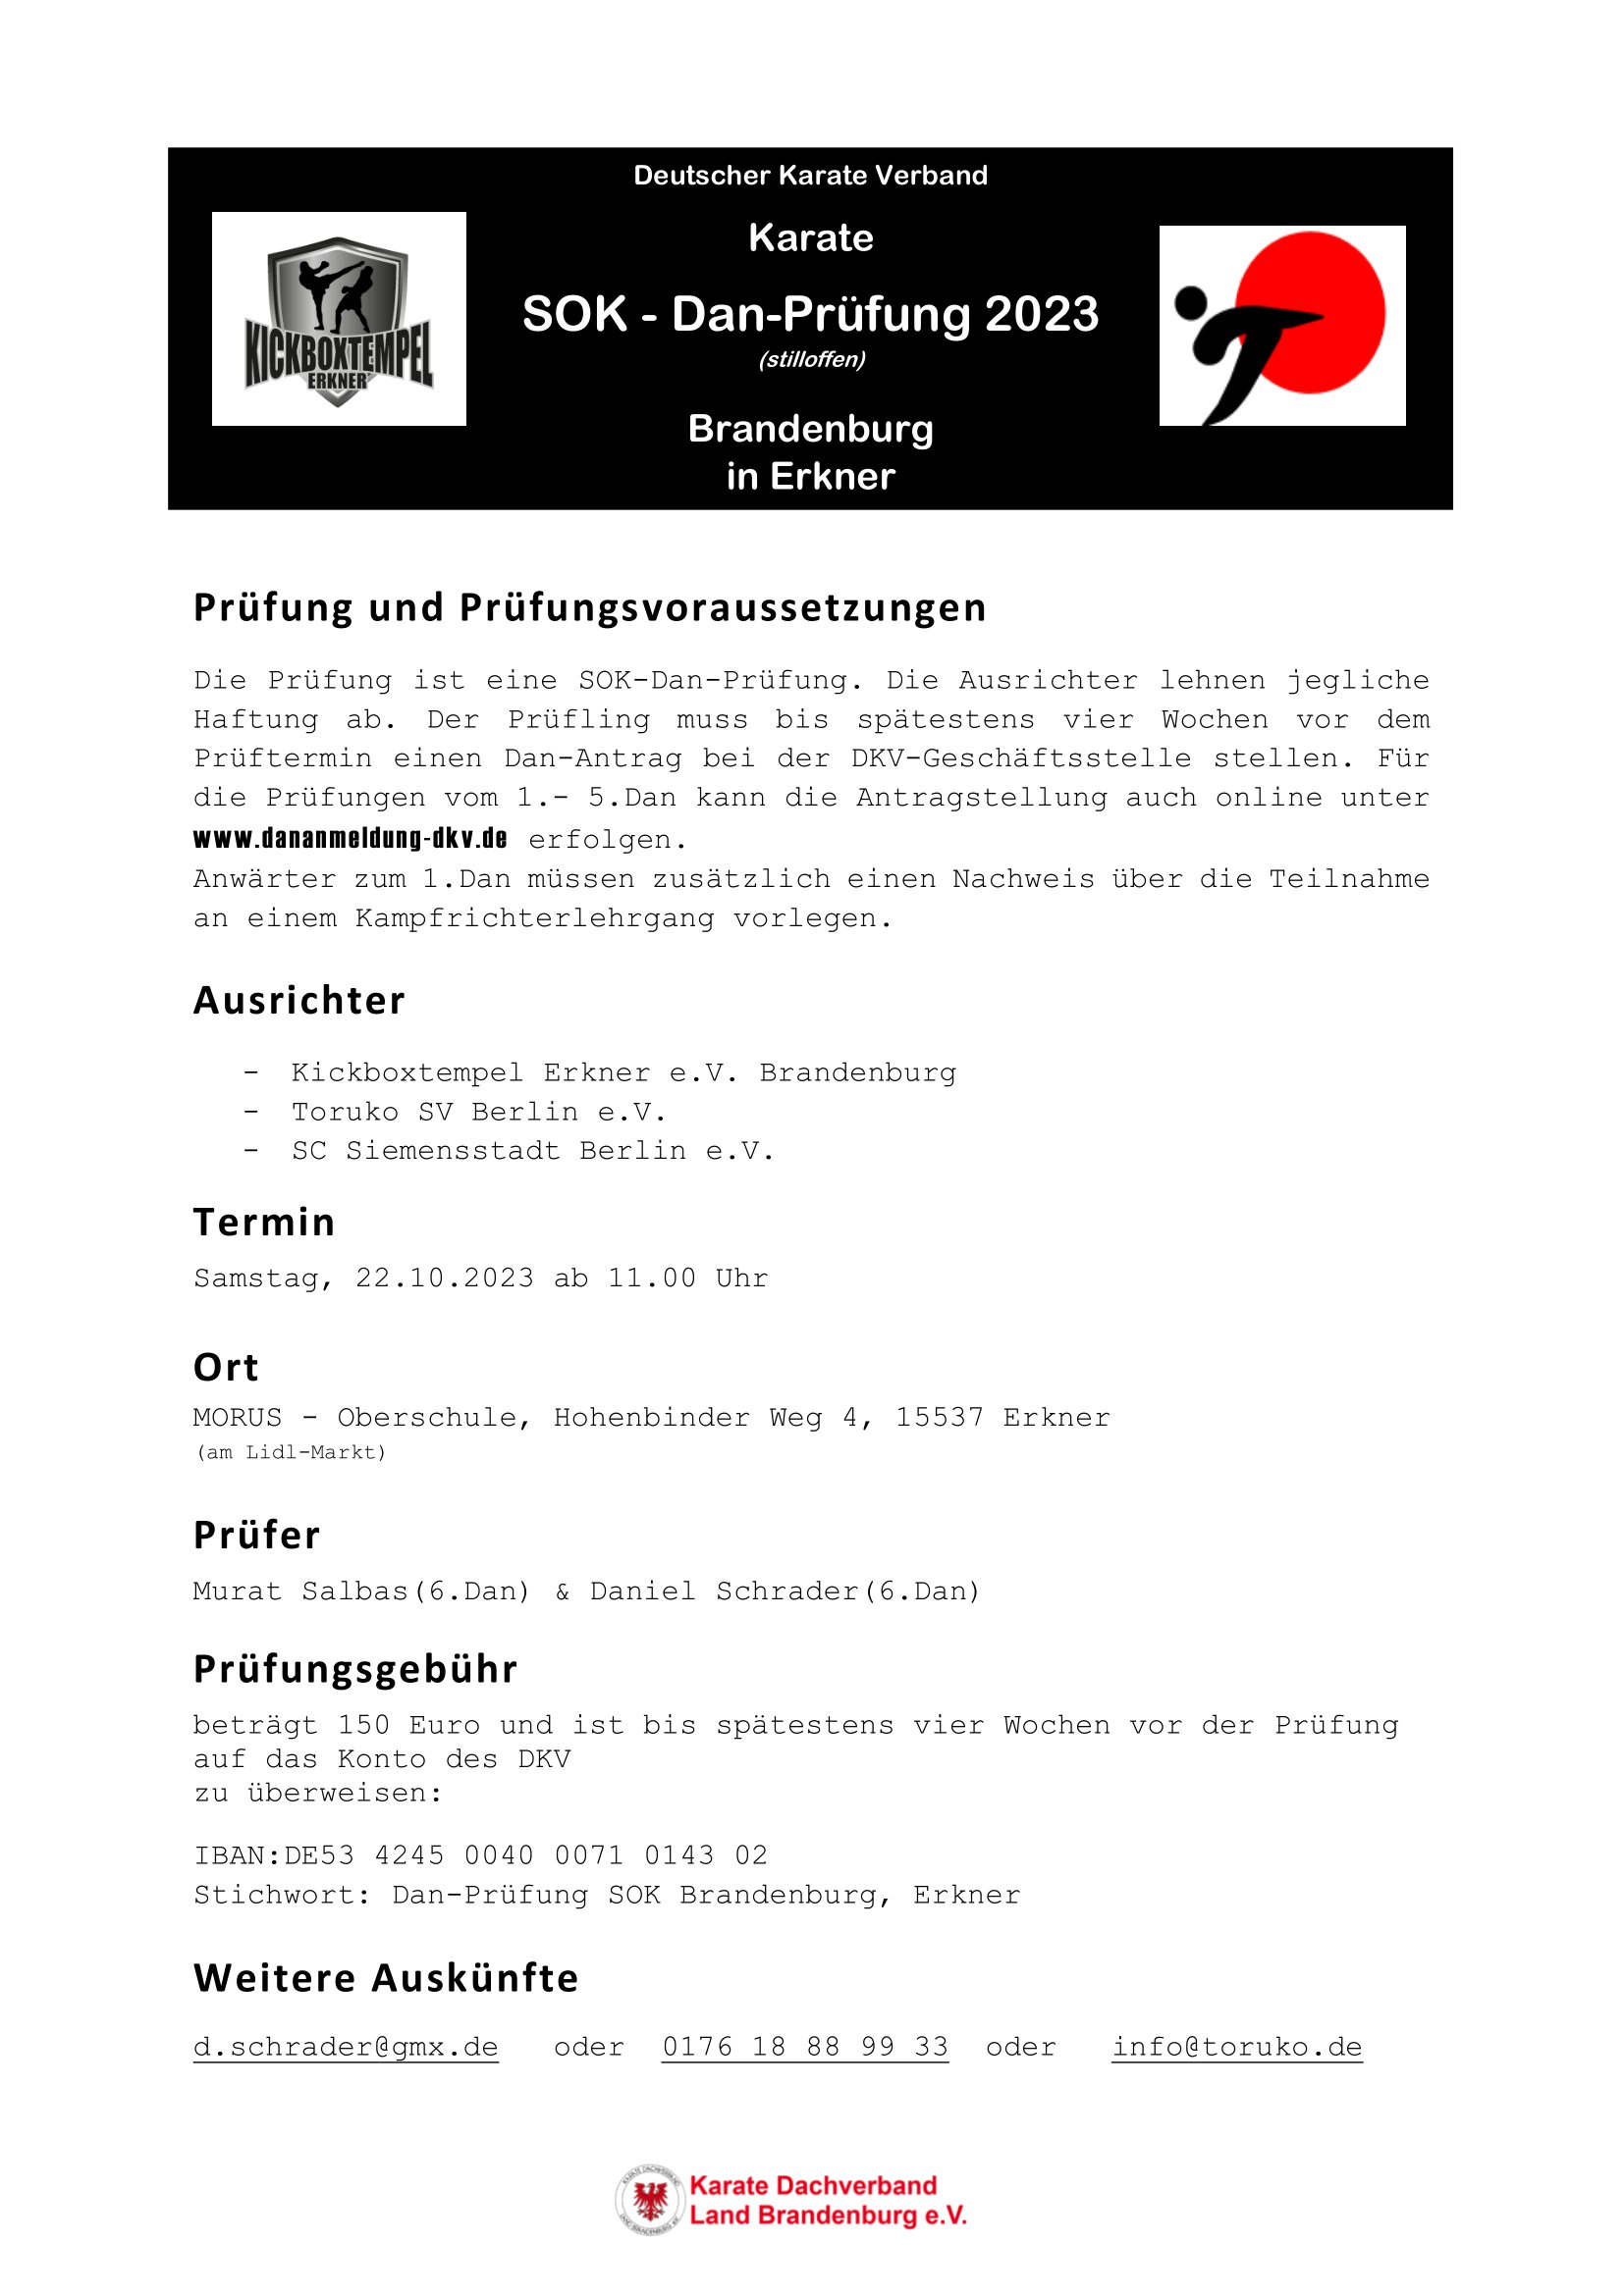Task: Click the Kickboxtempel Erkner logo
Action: [x=339, y=319]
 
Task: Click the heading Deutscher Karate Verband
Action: [x=810, y=175]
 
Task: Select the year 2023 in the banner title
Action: [x=1041, y=314]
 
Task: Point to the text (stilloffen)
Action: [x=811, y=360]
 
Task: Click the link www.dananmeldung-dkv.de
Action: [x=350, y=838]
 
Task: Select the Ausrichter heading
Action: [x=299, y=1001]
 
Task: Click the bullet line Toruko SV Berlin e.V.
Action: [x=478, y=1112]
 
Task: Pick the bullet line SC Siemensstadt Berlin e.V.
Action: [x=532, y=1151]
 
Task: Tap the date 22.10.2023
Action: [x=444, y=1278]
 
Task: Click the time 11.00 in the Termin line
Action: [x=651, y=1278]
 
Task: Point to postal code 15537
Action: [x=939, y=1418]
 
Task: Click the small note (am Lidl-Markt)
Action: [x=290, y=1452]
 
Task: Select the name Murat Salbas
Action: [x=300, y=1591]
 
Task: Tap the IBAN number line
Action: [x=480, y=1855]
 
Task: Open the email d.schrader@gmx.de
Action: [x=345, y=2046]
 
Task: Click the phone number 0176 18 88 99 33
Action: [x=805, y=2046]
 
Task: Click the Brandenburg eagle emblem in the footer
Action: [x=650, y=2200]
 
